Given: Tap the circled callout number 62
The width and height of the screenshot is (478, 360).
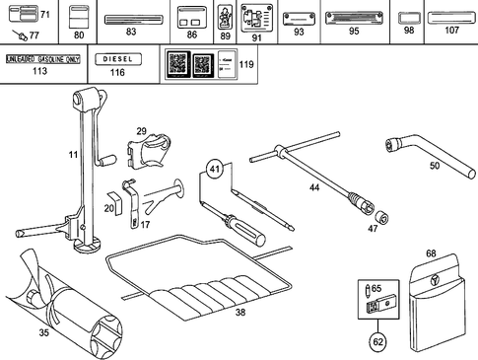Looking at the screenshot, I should pyautogui.click(x=378, y=341).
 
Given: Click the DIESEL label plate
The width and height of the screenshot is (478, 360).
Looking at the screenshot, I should pyautogui.click(x=117, y=59).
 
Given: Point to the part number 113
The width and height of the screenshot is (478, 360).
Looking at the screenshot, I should pyautogui.click(x=39, y=72).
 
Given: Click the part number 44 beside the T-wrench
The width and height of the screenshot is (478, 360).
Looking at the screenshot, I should pyautogui.click(x=314, y=186).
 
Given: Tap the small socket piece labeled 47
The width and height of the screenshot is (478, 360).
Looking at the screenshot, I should pyautogui.click(x=381, y=217).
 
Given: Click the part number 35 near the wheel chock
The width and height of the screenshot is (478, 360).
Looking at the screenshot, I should pyautogui.click(x=43, y=333).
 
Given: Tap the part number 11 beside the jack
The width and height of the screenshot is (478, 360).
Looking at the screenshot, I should pyautogui.click(x=72, y=155).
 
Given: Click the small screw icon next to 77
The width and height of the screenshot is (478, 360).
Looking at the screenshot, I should pyautogui.click(x=20, y=35).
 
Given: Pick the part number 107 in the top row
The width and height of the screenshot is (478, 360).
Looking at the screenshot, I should pyautogui.click(x=451, y=31).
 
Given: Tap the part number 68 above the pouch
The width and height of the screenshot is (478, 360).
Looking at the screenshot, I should pyautogui.click(x=431, y=253).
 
